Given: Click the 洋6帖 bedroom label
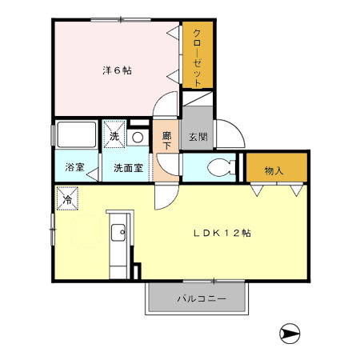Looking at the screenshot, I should pos(117,70).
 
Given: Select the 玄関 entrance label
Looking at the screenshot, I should pos(198,137).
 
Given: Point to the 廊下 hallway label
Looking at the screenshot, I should pos(167,142).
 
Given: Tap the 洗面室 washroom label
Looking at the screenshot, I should pos(128,168).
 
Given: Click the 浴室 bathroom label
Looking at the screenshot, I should pos(74,168).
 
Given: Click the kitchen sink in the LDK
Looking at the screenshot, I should pos(118,234).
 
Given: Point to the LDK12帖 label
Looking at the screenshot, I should pos(224,233).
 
